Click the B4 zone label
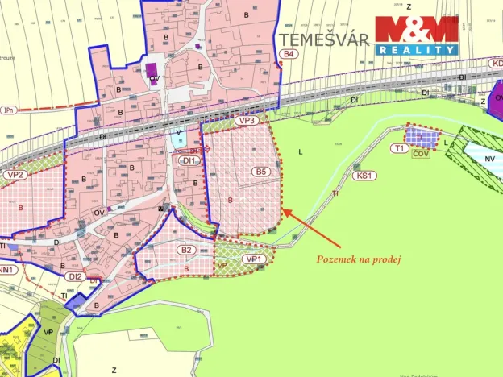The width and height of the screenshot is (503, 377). [289, 54]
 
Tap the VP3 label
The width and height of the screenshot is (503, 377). [246, 120]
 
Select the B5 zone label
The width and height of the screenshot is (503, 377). [260, 172]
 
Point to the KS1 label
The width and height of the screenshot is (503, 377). [365, 175]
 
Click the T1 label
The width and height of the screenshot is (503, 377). [399, 149]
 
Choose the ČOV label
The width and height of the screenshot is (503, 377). [421, 153]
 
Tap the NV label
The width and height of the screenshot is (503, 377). [490, 159]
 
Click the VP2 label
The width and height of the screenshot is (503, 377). [15, 173]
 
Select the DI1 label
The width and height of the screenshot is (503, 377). [189, 160]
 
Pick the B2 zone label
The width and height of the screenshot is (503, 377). [186, 250]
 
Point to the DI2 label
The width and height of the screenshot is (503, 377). [76, 276]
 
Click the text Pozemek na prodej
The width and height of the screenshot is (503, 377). [359, 259]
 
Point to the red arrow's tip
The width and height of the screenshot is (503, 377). [283, 211]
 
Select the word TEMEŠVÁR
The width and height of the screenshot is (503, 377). [324, 39]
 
